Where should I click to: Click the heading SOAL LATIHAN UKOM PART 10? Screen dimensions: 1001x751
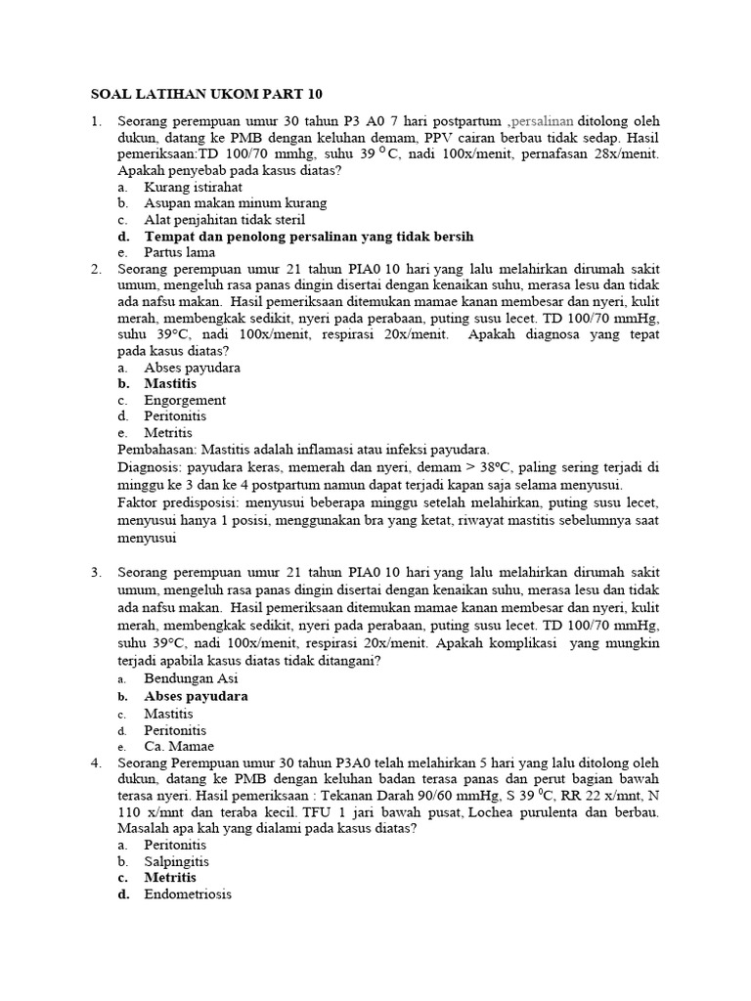[x=205, y=95]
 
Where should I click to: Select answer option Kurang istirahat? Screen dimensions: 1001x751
[x=193, y=187]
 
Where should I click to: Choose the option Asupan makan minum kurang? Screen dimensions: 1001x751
[x=235, y=203]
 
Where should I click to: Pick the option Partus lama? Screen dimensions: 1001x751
[x=179, y=252]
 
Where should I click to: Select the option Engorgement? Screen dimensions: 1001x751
[x=185, y=400]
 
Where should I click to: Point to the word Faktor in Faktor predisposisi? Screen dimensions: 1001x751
[x=139, y=502]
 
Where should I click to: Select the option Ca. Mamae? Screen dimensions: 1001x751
[x=181, y=747]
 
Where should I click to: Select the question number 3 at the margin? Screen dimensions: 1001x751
[x=96, y=572]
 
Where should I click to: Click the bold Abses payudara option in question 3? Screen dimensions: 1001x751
[x=196, y=696]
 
